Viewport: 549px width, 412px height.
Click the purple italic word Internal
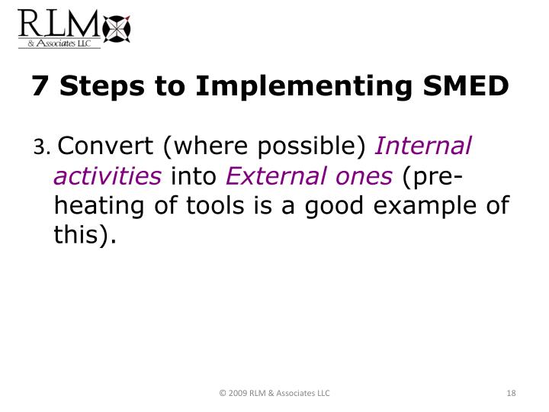424,145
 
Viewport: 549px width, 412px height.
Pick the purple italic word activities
108,175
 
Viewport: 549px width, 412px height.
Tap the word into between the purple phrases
194,175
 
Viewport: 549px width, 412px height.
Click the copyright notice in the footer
274,393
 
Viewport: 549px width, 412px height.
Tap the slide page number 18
511,393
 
